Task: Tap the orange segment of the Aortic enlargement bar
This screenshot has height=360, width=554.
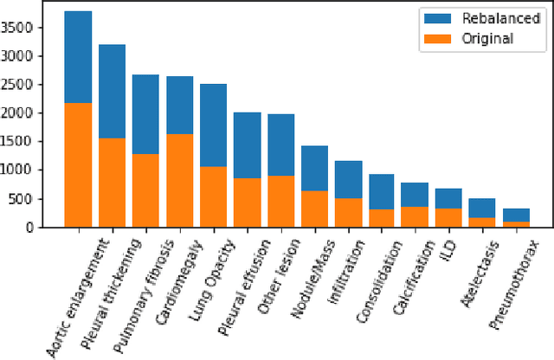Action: pyautogui.click(x=78, y=164)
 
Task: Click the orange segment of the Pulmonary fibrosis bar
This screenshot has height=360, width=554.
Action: pyautogui.click(x=145, y=190)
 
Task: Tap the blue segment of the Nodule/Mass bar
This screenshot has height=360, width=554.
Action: pyautogui.click(x=314, y=168)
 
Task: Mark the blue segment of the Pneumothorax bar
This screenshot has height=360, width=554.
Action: pyautogui.click(x=516, y=215)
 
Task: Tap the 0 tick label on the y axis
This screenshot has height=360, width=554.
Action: pyautogui.click(x=54, y=228)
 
